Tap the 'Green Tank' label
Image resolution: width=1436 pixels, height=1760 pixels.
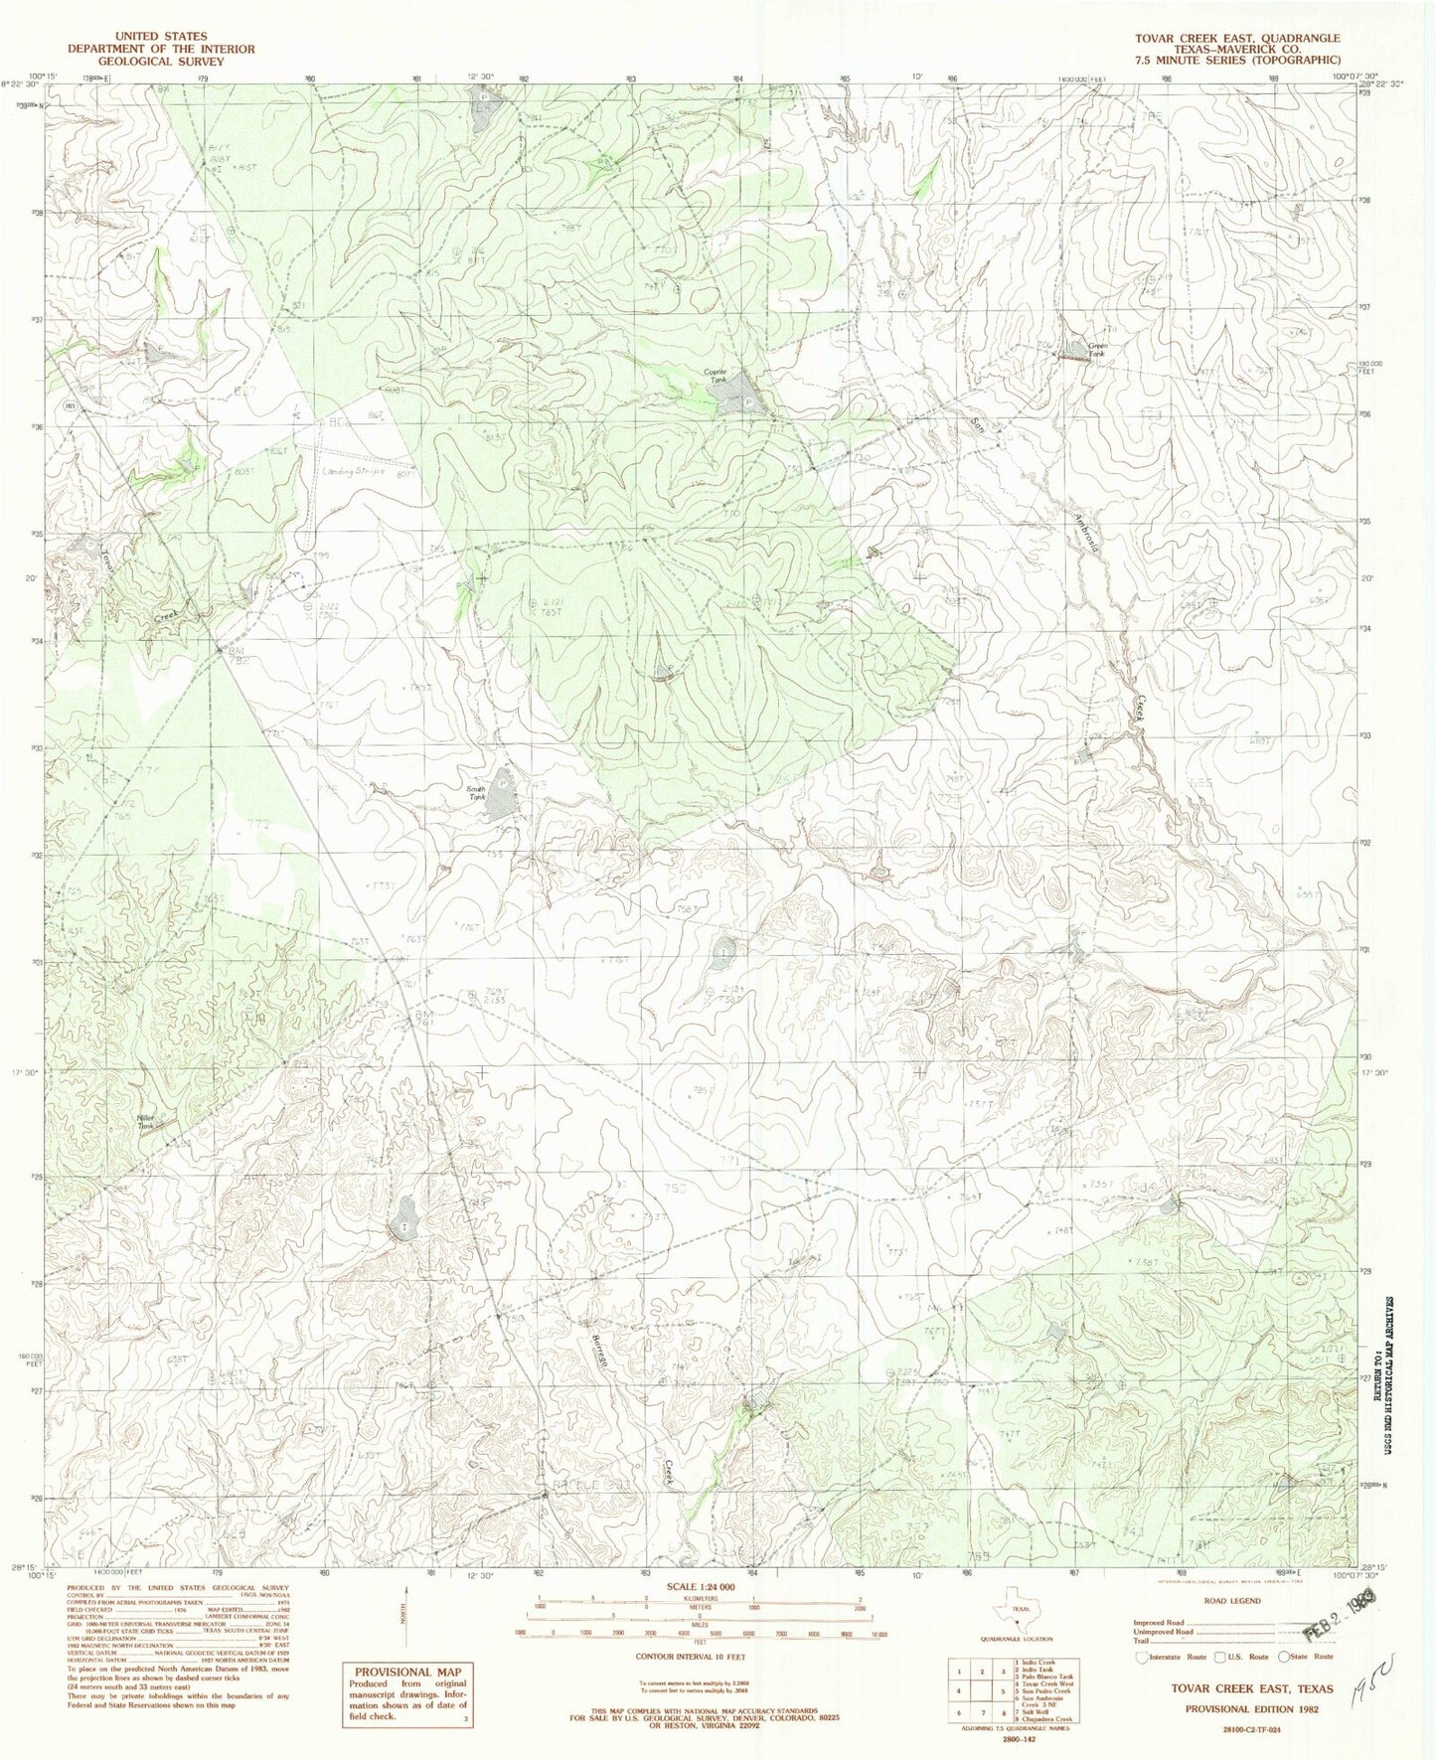tap(1096, 349)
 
